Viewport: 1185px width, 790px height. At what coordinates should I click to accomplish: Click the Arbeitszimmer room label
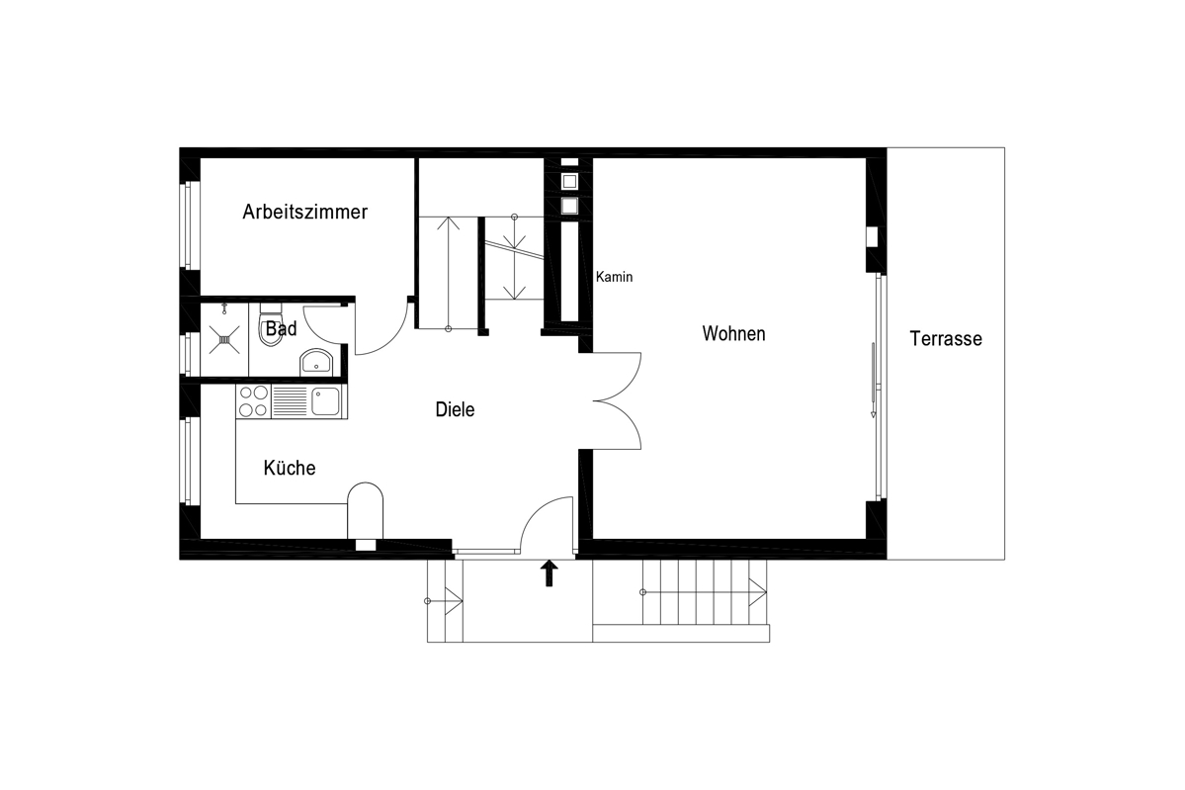click(x=304, y=213)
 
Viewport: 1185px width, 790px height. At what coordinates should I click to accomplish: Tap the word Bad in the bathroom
click(x=281, y=329)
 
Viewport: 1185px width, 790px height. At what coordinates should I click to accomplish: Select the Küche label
click(x=290, y=468)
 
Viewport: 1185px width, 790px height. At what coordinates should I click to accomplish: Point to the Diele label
click(x=455, y=409)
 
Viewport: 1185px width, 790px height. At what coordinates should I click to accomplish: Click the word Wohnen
click(x=733, y=333)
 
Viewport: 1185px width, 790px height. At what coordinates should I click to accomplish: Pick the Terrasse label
click(x=946, y=339)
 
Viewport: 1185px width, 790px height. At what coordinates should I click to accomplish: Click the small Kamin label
click(x=614, y=278)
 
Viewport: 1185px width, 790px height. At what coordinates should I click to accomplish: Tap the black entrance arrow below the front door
click(x=550, y=573)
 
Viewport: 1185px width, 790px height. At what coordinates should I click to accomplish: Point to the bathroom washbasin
click(x=316, y=362)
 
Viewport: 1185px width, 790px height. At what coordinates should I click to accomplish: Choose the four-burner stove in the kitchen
click(x=253, y=401)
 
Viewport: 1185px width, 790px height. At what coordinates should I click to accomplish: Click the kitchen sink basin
click(x=326, y=401)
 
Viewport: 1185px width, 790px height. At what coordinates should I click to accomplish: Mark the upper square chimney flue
click(x=569, y=182)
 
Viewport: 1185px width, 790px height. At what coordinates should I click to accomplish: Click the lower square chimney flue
click(x=569, y=206)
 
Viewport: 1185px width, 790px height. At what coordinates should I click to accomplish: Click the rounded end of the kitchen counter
click(x=365, y=492)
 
